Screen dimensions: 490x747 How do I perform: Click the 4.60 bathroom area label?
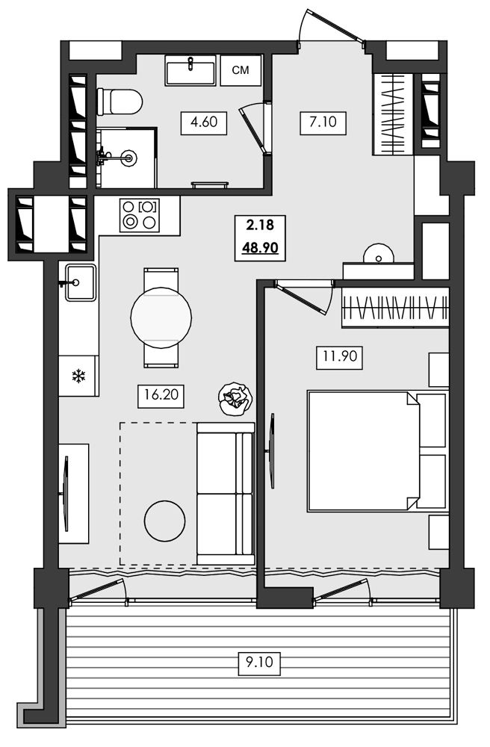(x=204, y=123)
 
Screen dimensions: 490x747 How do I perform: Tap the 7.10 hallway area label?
(x=323, y=123)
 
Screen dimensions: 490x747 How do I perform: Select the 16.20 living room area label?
(x=161, y=395)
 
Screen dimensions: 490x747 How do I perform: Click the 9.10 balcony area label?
(x=259, y=663)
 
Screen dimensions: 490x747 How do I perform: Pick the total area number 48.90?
(x=260, y=249)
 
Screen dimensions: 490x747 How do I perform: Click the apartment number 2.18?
(x=260, y=224)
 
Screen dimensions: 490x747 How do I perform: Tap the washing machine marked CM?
(x=241, y=70)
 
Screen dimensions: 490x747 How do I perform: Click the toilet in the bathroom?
(x=120, y=102)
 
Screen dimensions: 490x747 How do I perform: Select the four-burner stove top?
(x=140, y=215)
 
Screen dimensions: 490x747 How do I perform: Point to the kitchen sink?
(x=80, y=282)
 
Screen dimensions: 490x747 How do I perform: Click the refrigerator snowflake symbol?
(x=78, y=376)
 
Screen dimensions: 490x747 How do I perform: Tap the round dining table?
(x=161, y=317)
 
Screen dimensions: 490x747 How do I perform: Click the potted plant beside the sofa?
(x=235, y=399)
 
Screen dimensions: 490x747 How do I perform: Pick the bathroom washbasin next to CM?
(x=190, y=70)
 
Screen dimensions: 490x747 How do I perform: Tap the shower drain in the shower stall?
(x=128, y=156)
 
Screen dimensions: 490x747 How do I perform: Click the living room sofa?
(x=226, y=494)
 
